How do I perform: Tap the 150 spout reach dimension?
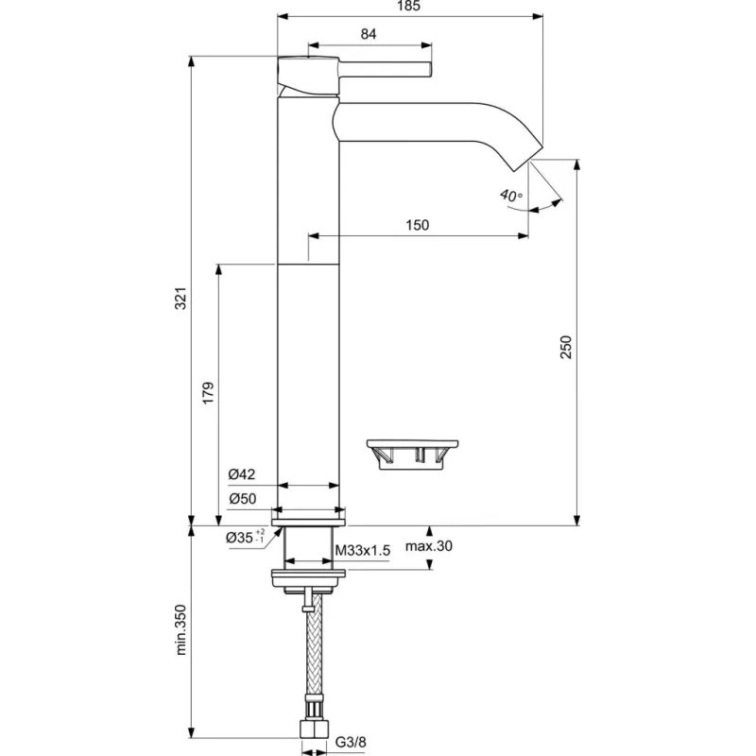[x=418, y=225]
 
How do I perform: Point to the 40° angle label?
[x=511, y=196]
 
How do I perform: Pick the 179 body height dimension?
[x=209, y=394]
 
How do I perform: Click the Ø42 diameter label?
[x=242, y=475]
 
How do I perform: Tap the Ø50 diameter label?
[x=242, y=498]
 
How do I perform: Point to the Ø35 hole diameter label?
[x=245, y=538]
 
